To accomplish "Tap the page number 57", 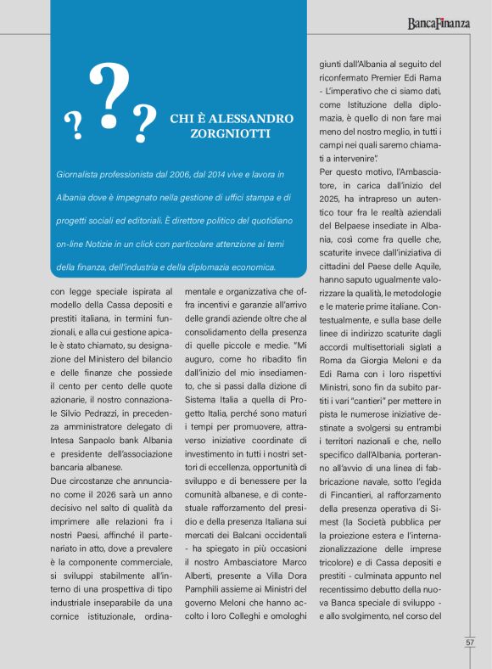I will (469, 642).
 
